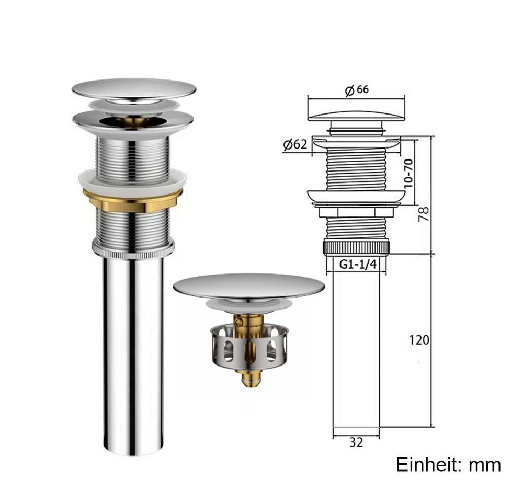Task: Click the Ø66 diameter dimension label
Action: [357, 90]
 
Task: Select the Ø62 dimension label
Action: [295, 144]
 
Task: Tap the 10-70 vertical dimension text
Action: [408, 173]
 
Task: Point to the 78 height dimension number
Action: [424, 214]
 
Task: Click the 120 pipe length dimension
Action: [419, 340]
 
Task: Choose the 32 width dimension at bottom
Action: [356, 442]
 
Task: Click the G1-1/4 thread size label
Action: [358, 264]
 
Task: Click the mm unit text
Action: [485, 465]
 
